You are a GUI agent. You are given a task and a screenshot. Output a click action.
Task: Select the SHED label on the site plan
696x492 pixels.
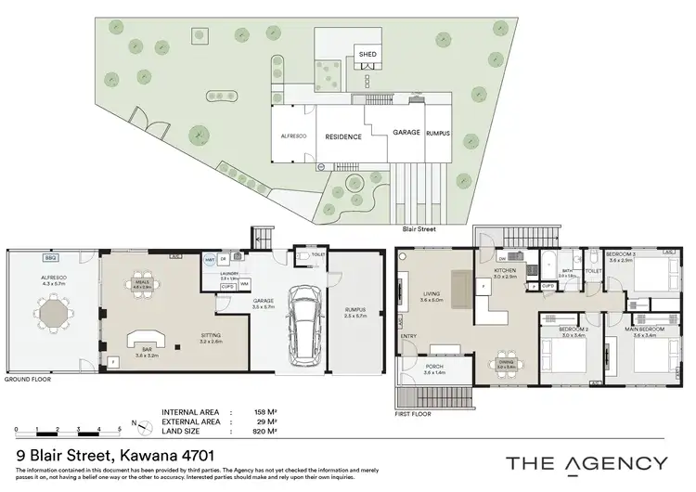tap(367, 55)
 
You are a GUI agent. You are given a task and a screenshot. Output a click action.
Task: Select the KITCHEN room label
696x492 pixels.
tap(504, 270)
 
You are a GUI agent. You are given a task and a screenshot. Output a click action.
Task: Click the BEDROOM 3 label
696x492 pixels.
tap(619, 253)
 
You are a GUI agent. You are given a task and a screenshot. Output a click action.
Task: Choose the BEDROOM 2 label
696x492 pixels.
tap(562, 330)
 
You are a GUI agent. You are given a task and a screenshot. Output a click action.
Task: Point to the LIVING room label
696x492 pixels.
tap(428, 294)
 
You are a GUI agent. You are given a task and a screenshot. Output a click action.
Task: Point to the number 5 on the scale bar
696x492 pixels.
tap(120, 429)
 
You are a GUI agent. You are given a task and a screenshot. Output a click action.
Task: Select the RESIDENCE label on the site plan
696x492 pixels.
tap(342, 136)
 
